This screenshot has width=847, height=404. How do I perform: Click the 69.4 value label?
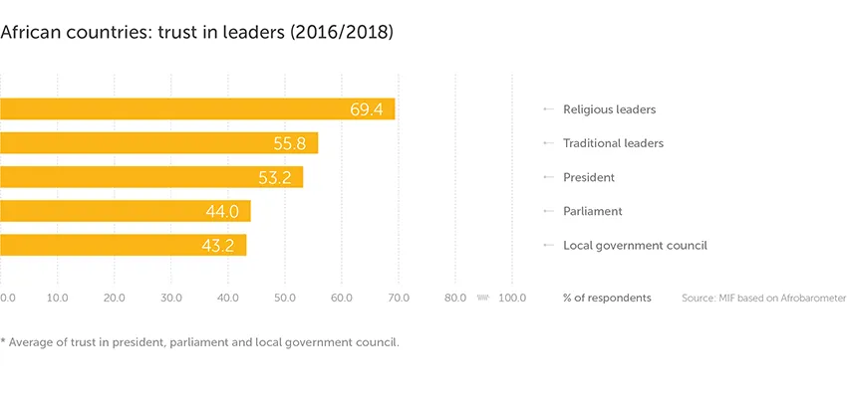367,109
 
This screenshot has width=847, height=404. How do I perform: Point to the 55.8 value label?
290,143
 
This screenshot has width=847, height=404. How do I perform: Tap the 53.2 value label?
275,177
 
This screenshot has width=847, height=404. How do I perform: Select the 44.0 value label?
223,211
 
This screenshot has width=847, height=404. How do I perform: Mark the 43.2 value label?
218,245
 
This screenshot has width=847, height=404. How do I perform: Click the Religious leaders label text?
609,109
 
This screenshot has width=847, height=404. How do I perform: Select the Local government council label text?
635,245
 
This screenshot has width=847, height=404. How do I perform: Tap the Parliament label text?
592,211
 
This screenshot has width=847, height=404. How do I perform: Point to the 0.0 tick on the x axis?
7,298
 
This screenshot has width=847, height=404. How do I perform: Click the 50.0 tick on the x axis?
285,298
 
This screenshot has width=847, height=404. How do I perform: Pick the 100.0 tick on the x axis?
512,298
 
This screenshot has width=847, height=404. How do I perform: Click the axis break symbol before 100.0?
483,297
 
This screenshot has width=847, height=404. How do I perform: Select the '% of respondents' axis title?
607,298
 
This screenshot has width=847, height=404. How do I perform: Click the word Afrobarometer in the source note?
808,298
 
